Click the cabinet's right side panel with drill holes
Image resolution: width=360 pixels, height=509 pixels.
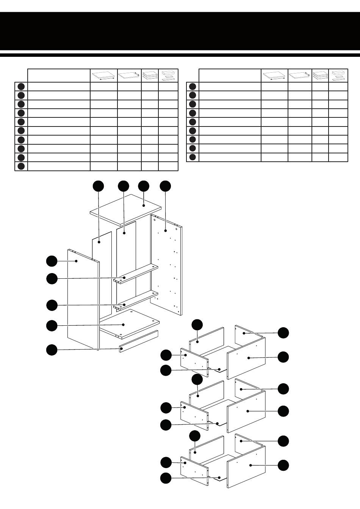coord(167,265)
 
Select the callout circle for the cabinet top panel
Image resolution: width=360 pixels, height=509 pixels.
coord(144,186)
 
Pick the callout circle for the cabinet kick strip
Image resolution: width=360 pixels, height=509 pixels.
coord(52,350)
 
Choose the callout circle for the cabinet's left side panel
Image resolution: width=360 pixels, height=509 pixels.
coord(52,261)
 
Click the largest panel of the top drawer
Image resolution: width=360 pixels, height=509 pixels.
coord(246,358)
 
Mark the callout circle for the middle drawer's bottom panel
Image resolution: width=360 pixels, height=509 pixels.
coord(166,425)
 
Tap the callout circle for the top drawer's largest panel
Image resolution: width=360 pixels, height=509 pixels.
coord(283,357)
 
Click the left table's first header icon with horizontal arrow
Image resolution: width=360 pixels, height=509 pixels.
coord(103,76)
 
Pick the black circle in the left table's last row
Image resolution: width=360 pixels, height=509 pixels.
coord(21,166)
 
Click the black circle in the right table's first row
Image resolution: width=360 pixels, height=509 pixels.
coord(193,87)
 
